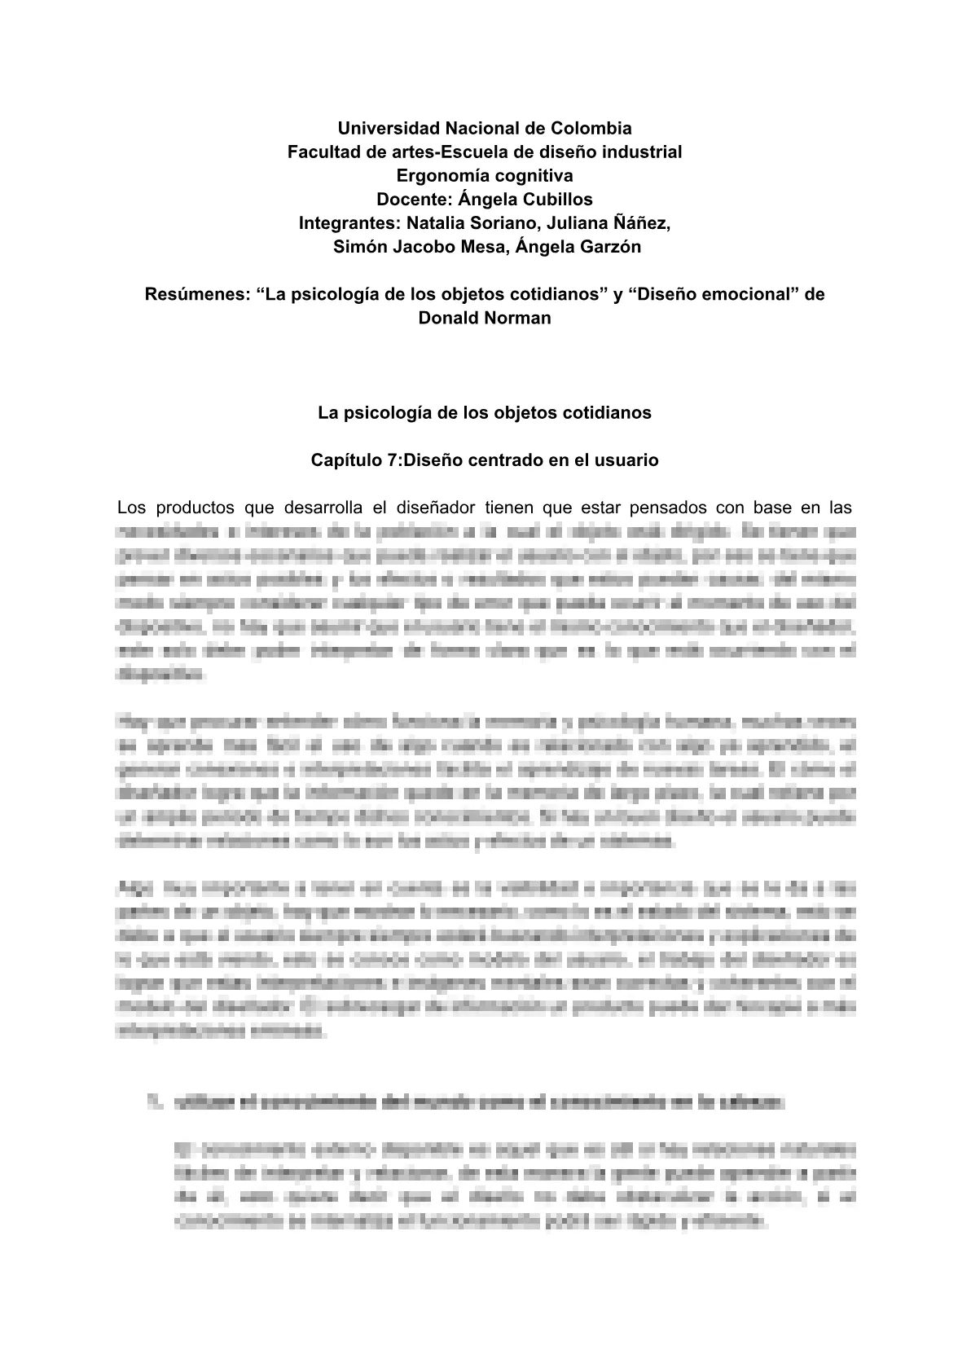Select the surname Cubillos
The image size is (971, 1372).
coord(557,200)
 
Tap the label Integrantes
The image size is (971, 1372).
coord(347,223)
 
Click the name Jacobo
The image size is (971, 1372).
coord(422,247)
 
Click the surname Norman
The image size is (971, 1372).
coord(518,318)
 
